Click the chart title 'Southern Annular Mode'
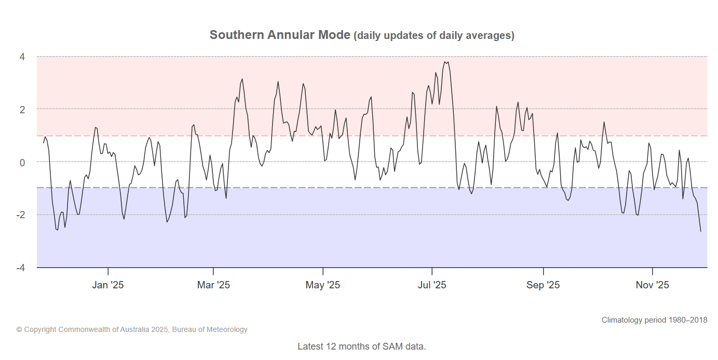click(280, 35)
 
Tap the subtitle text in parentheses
click(434, 36)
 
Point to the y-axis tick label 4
click(23, 56)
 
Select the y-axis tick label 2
click(23, 109)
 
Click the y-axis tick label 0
click(23, 162)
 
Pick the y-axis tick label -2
click(21, 215)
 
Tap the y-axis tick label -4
click(21, 268)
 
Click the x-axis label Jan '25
click(107, 285)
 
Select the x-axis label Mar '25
click(213, 285)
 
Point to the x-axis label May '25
click(323, 285)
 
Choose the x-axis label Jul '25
click(432, 285)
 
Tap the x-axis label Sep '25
click(543, 285)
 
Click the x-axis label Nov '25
click(653, 285)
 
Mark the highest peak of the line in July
click(445, 62)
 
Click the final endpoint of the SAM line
click(700, 231)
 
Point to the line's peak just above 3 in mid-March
click(242, 79)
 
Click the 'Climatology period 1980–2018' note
click(654, 320)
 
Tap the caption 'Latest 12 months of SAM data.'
click(361, 346)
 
